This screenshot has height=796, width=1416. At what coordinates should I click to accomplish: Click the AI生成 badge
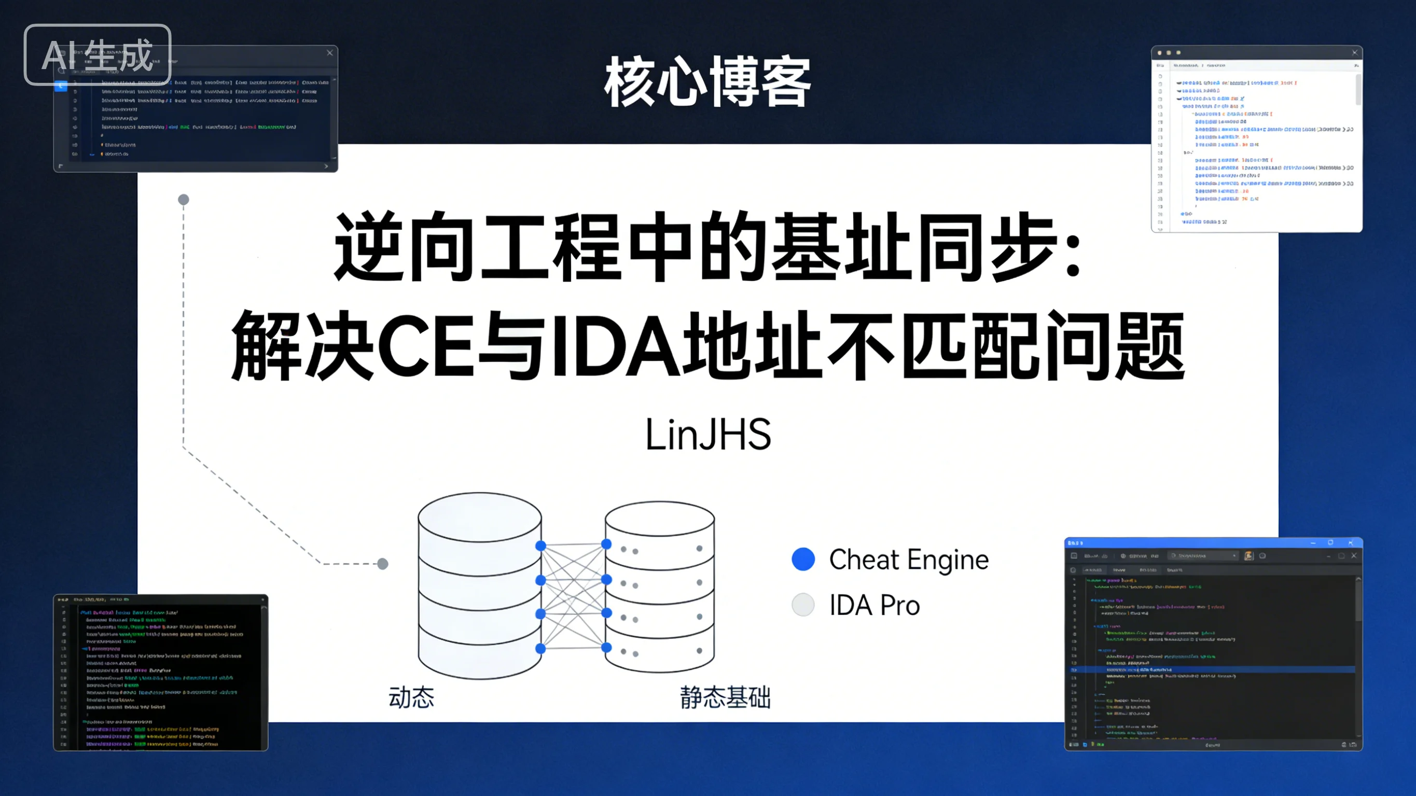click(x=98, y=54)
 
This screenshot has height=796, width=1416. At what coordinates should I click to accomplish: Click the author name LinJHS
click(x=708, y=434)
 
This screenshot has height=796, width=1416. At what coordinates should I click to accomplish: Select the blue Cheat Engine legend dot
click(x=803, y=559)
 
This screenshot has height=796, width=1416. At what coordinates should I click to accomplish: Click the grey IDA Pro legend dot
click(x=803, y=605)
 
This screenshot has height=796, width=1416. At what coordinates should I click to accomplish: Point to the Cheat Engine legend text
click(x=909, y=560)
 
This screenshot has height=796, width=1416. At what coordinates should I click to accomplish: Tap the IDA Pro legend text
click(x=874, y=605)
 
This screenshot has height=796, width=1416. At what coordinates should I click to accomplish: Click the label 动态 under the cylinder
click(x=411, y=697)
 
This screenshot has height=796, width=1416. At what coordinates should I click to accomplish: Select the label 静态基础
click(x=725, y=697)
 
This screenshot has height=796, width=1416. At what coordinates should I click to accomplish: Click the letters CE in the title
click(x=425, y=346)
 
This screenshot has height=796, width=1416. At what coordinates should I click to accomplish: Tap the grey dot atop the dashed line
click(x=184, y=200)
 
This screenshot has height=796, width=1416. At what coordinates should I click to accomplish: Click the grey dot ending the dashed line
click(x=383, y=564)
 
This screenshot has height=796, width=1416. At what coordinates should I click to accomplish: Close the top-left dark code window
click(x=330, y=53)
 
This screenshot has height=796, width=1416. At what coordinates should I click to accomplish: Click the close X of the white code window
click(x=1354, y=53)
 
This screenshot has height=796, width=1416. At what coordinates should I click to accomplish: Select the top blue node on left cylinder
click(x=540, y=546)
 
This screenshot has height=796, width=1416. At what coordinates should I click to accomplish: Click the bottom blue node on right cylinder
click(x=606, y=648)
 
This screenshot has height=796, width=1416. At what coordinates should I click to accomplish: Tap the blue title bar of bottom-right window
click(x=1182, y=542)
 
